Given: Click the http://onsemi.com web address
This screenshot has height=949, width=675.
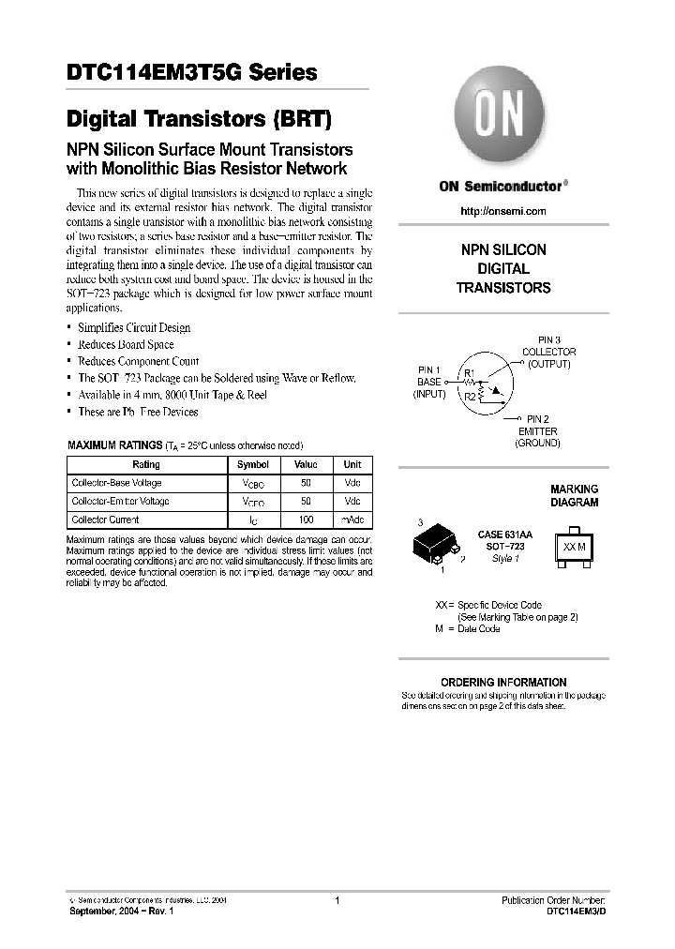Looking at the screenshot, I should (x=502, y=211).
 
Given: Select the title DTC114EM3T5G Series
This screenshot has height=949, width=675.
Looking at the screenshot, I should (x=191, y=73).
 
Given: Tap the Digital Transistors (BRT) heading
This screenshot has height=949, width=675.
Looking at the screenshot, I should (x=199, y=119).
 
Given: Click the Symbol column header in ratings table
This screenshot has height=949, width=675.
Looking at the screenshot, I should (x=252, y=464).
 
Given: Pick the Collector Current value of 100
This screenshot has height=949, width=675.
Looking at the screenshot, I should (x=306, y=519).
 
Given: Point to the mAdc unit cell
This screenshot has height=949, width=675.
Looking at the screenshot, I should (x=352, y=519).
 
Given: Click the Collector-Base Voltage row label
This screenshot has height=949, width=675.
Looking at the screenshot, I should (x=116, y=483).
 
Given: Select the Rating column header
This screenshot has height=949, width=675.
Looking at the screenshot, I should (x=146, y=464).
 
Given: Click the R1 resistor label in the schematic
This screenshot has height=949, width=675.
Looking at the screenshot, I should (x=470, y=374).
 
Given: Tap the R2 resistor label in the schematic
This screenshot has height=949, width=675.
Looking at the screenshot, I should (x=470, y=397).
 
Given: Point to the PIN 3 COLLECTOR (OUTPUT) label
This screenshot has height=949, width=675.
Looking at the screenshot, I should (x=548, y=352).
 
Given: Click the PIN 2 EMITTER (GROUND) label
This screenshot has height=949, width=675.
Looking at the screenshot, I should (x=537, y=430).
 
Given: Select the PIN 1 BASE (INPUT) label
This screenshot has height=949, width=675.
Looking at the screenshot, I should (x=428, y=383).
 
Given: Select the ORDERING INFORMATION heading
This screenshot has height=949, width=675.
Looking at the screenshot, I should (x=503, y=682).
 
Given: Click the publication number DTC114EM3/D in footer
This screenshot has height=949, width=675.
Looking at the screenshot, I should (x=576, y=911).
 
